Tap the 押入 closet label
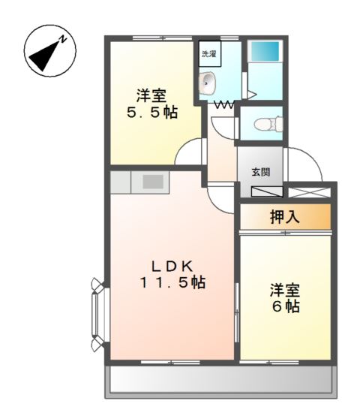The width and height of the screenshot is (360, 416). (x=284, y=218)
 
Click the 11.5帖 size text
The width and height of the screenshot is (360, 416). (x=172, y=283)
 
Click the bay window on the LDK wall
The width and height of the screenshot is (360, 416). (x=97, y=315)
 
